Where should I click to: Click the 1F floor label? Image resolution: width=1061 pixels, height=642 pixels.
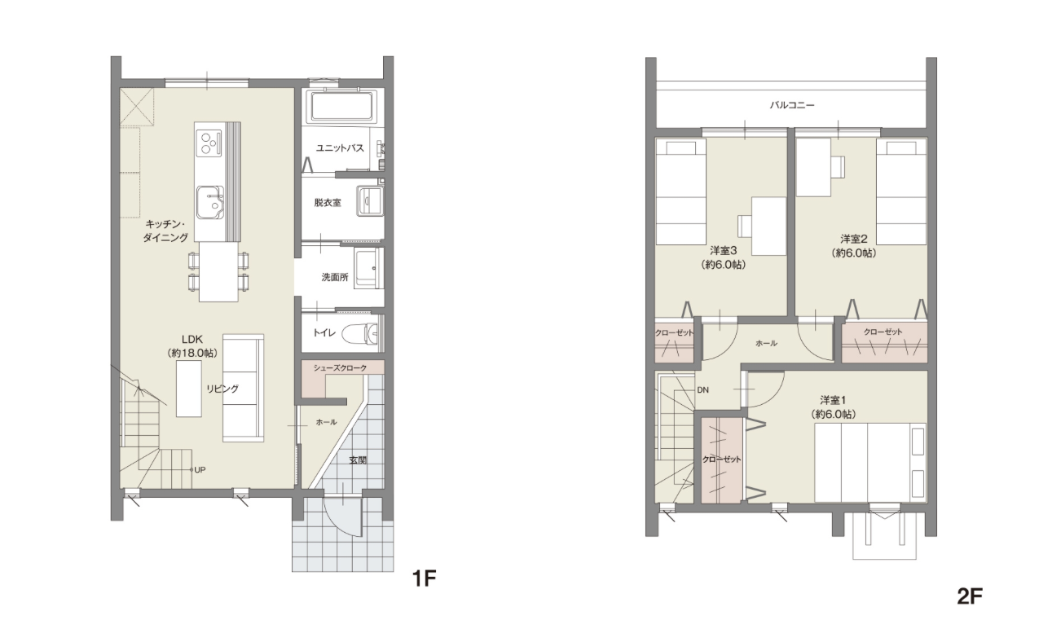pos(424,578)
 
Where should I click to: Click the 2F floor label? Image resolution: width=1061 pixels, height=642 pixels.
pos(969,596)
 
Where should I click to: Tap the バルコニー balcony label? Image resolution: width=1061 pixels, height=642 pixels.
pos(792,105)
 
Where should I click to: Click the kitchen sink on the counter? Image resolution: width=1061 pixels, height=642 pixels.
pos(209,202)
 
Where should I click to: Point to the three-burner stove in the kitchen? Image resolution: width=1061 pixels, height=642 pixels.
pos(209,143)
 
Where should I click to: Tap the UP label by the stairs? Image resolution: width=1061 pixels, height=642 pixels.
pos(200,469)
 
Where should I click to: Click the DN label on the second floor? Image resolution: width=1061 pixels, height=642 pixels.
pos(703,390)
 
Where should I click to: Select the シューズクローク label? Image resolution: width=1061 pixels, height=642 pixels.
pos(340,368)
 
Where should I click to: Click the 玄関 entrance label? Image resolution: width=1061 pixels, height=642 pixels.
pos(358,460)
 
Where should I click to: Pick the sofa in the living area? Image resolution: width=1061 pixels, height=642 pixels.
pos(243,389)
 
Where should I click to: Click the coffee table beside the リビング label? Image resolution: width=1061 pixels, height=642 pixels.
pos(189,389)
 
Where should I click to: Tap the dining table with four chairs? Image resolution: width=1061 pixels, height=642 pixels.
pos(218,272)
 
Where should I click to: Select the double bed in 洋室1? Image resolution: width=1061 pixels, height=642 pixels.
pos(870,463)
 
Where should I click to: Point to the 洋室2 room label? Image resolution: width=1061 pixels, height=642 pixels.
pos(853,239)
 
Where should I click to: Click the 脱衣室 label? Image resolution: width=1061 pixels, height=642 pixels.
pos(328,203)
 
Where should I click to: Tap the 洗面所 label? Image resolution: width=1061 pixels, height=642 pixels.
pos(335,278)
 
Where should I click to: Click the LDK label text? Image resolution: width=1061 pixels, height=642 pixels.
pos(192,340)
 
